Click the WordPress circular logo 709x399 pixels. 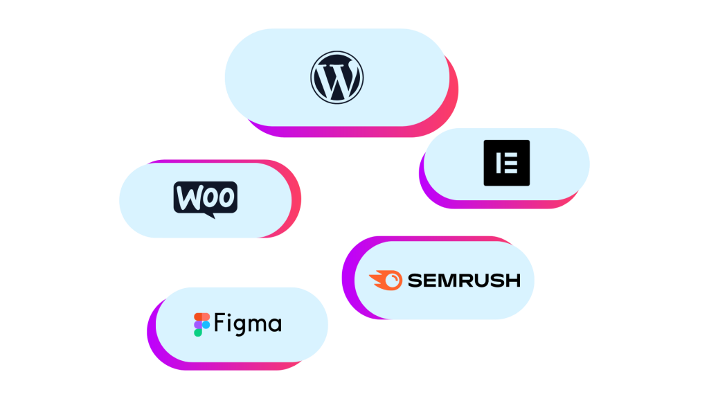[336, 77]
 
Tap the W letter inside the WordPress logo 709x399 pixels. [336, 78]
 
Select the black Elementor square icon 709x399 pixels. [506, 163]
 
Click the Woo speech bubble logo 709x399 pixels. [205, 199]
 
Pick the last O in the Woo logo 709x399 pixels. [226, 197]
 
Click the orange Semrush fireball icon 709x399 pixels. [385, 281]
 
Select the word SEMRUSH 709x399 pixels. [464, 281]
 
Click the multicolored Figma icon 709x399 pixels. [201, 324]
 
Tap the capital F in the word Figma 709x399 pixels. [219, 323]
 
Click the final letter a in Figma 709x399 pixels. [276, 326]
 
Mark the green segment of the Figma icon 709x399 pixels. [198, 332]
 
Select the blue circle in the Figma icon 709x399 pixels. [206, 324]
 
